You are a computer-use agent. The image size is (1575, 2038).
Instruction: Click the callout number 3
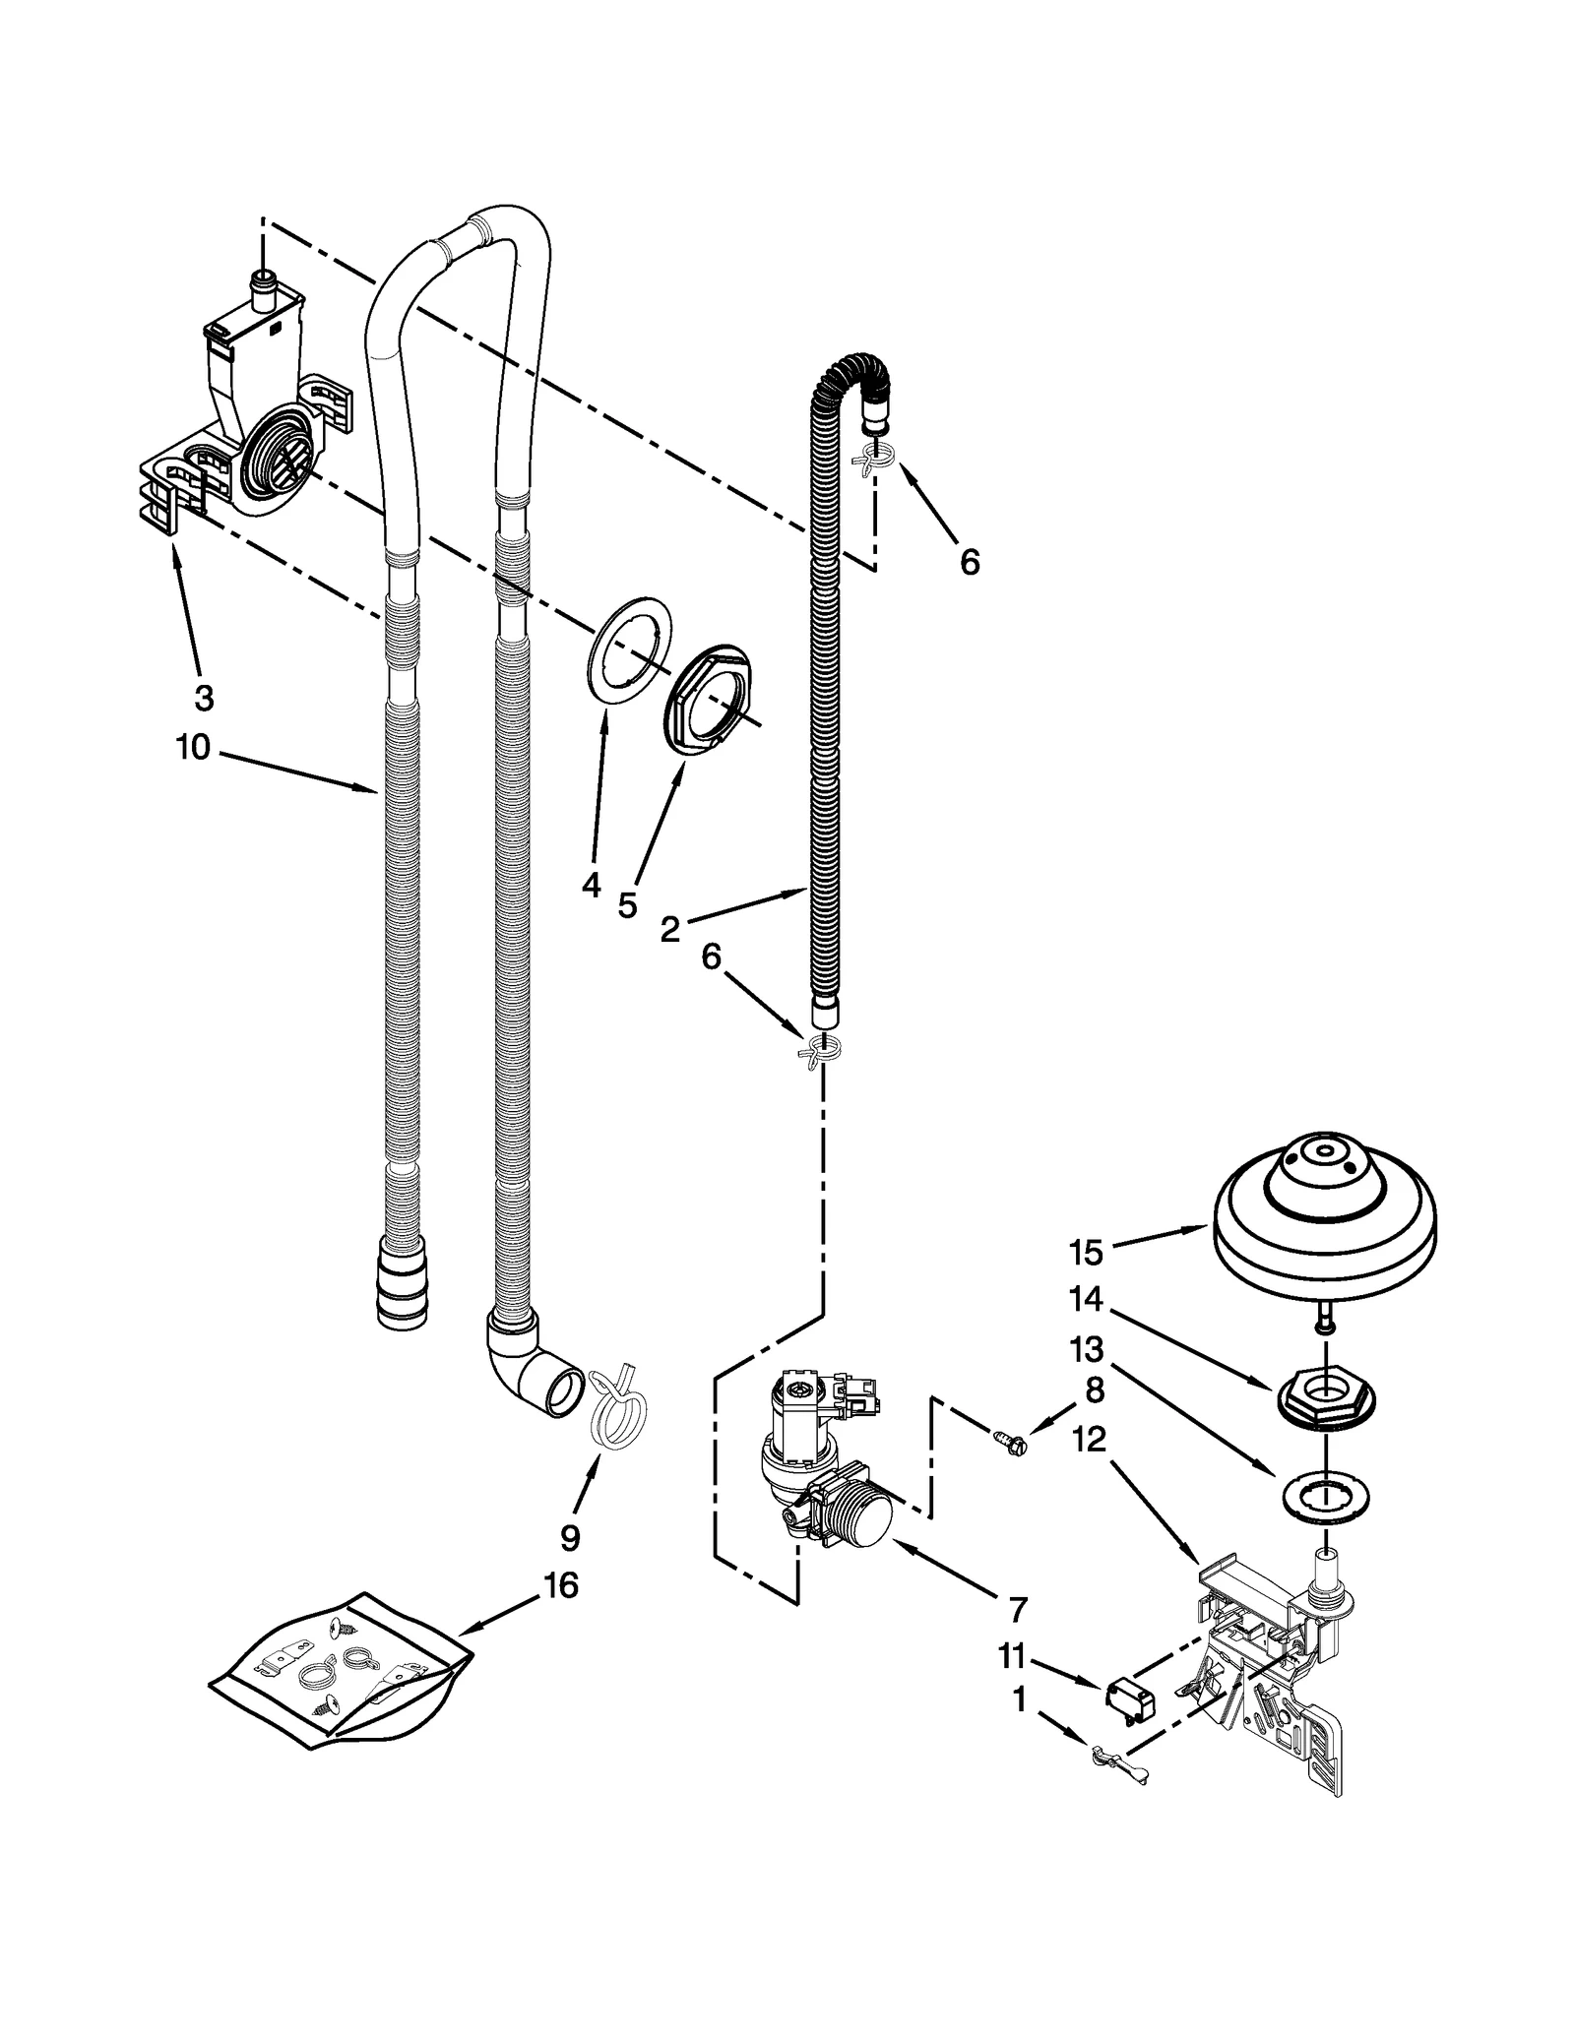203,698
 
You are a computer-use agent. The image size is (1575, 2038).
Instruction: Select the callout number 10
193,748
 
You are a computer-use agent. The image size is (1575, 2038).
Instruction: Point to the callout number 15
1087,1253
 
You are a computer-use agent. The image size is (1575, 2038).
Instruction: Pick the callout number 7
1017,1610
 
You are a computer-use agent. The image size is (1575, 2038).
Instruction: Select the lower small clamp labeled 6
820,1050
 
